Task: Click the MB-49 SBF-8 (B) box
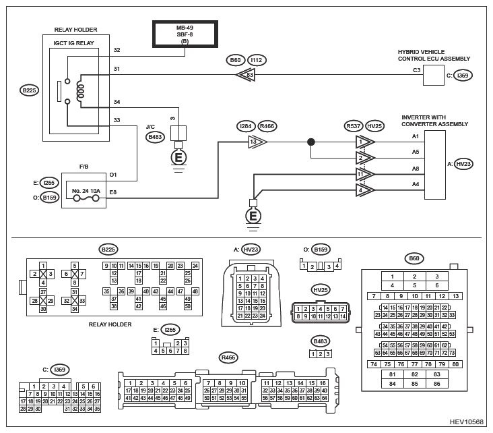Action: (x=185, y=34)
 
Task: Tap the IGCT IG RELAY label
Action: (x=73, y=43)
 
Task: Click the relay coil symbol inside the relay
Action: (x=81, y=91)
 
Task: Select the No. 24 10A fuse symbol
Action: (x=86, y=198)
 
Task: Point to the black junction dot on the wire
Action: (x=311, y=142)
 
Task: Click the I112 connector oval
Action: (x=257, y=60)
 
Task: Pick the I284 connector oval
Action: (x=246, y=126)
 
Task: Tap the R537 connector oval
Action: (x=354, y=126)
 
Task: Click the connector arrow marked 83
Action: (x=245, y=75)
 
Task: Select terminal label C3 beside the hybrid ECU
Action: (x=417, y=70)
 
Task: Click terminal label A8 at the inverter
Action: (x=416, y=169)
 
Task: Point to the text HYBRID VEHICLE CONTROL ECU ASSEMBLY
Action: (x=434, y=55)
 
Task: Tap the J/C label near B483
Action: (x=150, y=127)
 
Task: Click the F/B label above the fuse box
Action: (x=84, y=167)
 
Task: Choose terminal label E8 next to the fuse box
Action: (x=113, y=192)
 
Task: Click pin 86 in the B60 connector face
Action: (x=436, y=384)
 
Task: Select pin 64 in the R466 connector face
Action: (x=325, y=398)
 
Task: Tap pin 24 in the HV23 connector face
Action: (x=263, y=316)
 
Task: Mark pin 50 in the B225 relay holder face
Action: (x=188, y=306)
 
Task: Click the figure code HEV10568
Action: (x=467, y=422)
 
